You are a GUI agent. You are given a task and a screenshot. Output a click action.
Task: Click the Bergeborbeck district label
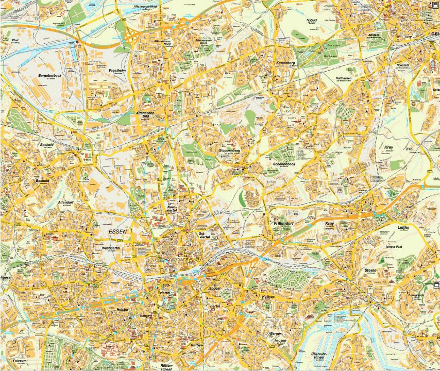click(49, 76)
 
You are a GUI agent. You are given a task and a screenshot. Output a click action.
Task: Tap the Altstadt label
click(374, 35)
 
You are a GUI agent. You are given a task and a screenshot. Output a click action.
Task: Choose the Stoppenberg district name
click(229, 150)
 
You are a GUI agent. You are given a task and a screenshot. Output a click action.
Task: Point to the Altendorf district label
click(66, 203)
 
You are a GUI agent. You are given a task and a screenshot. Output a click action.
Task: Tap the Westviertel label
click(111, 248)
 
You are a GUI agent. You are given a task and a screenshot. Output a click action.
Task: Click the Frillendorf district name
click(283, 223)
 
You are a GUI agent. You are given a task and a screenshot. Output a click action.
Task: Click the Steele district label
click(370, 270)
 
